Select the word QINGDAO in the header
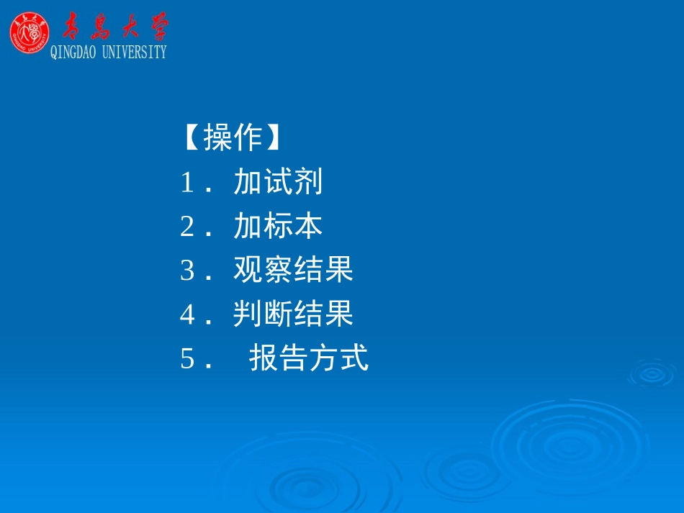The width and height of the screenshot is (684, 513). pos(73,52)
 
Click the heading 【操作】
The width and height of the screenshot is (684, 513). pos(231,137)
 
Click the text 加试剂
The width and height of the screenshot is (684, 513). pos(278,183)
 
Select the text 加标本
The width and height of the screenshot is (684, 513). pos(278,227)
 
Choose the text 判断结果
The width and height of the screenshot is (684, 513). pos(293,314)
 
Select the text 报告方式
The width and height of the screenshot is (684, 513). pos(309,358)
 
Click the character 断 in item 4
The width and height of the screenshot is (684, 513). pos(278,314)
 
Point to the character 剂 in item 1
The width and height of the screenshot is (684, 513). pos(308,183)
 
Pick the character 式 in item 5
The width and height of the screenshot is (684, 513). pos(354,358)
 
